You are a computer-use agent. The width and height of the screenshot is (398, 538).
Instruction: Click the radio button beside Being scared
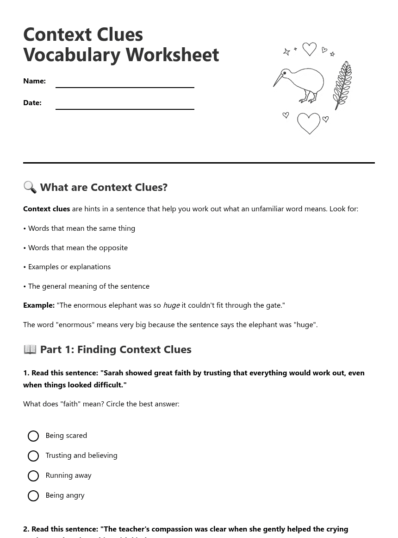pyautogui.click(x=33, y=436)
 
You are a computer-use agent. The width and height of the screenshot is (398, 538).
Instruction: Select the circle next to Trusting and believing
pyautogui.click(x=33, y=456)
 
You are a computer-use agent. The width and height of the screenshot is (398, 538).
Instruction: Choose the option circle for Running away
pyautogui.click(x=33, y=476)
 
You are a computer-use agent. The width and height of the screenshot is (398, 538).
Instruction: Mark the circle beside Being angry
pyautogui.click(x=33, y=496)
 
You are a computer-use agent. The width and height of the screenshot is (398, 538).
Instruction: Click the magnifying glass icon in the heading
pyautogui.click(x=30, y=187)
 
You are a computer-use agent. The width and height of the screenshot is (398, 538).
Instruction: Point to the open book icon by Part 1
pyautogui.click(x=30, y=349)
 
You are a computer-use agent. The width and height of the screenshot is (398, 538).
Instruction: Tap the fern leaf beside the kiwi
pyautogui.click(x=342, y=85)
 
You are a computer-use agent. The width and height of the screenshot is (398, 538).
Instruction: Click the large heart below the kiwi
pyautogui.click(x=309, y=123)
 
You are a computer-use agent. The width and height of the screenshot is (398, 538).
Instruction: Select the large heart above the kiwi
pyautogui.click(x=309, y=49)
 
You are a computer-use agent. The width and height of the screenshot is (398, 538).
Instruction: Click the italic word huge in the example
pyautogui.click(x=171, y=305)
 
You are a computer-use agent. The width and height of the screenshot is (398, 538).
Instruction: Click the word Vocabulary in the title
pyautogui.click(x=72, y=55)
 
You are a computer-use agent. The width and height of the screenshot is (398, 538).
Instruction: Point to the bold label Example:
pyautogui.click(x=39, y=305)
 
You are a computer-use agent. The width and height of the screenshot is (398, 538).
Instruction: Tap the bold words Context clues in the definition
pyautogui.click(x=46, y=209)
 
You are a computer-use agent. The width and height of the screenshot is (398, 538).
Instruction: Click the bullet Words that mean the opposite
pyautogui.click(x=78, y=247)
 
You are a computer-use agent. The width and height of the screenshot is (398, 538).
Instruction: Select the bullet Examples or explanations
pyautogui.click(x=69, y=267)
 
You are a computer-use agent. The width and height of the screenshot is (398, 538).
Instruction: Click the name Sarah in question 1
pyautogui.click(x=113, y=373)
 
